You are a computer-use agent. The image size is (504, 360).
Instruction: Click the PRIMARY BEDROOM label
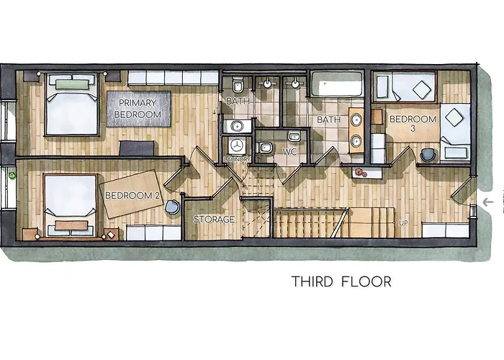[139, 109]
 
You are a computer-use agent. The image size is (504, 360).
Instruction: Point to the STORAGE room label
[213, 219]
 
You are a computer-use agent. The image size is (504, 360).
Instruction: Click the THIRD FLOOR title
[341, 281]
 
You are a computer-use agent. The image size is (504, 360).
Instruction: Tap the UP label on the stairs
[403, 223]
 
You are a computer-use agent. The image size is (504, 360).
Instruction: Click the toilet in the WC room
[265, 148]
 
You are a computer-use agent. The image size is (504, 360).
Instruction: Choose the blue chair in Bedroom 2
[173, 207]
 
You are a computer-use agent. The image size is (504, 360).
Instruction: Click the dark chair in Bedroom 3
[429, 154]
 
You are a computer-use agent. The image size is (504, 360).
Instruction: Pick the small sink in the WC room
[294, 136]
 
